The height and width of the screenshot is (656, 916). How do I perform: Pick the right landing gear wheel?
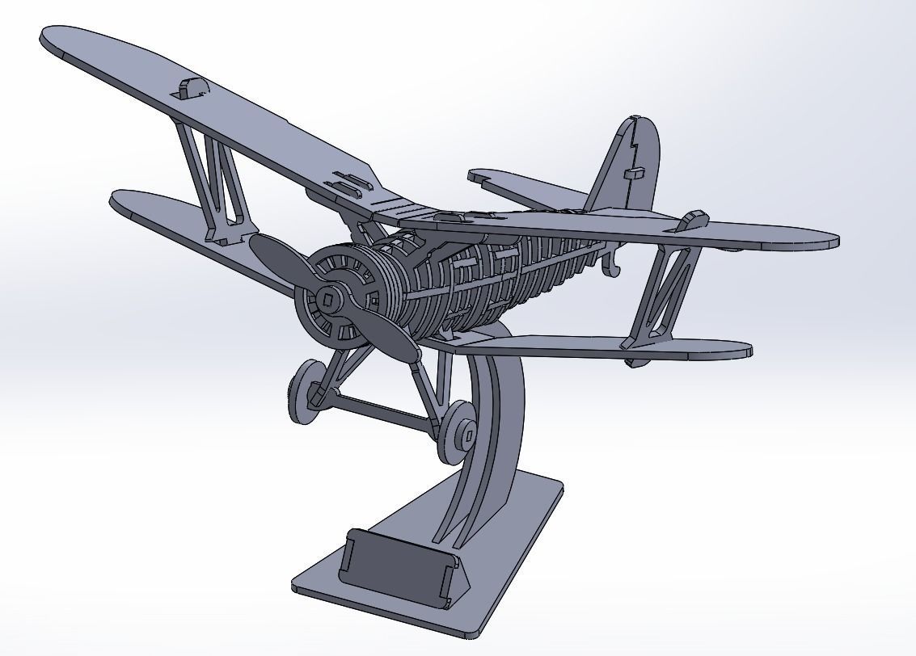458,431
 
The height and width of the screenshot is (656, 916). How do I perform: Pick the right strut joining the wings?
663,291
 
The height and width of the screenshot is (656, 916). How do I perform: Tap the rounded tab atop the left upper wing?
192,87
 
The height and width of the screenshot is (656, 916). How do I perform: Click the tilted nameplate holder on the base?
396,560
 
